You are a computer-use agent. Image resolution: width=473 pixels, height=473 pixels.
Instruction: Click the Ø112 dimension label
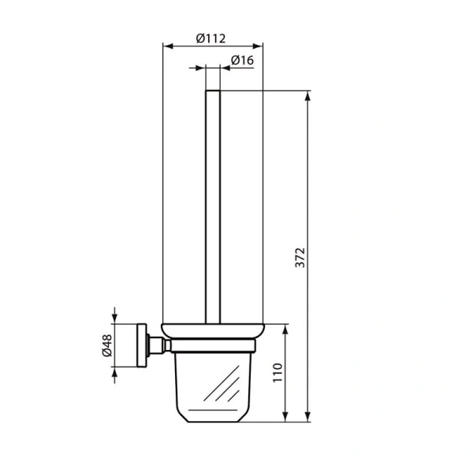tap(212, 36)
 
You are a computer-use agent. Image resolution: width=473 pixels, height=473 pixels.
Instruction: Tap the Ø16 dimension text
tap(242, 61)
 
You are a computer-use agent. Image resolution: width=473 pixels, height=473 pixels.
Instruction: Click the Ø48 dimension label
tap(106, 345)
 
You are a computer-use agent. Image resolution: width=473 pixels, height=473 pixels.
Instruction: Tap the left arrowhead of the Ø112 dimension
tap(166, 46)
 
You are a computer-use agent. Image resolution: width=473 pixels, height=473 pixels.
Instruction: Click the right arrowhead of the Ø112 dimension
tap(259, 46)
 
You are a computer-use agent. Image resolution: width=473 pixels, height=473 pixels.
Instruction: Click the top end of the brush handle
tap(214, 93)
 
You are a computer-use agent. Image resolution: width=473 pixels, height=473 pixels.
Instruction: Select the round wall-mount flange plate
tap(143, 345)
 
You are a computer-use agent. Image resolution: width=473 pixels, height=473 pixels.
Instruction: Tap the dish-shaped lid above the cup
tap(213, 330)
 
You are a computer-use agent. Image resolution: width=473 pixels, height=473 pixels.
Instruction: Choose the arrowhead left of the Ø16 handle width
tap(202, 69)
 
